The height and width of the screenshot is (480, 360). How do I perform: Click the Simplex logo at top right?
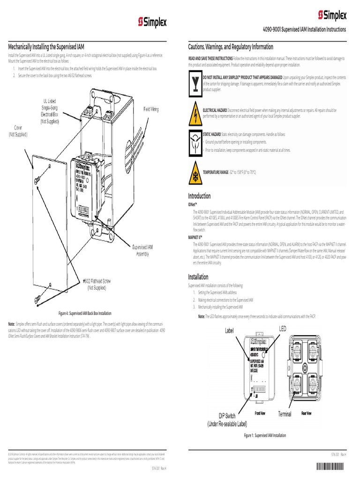(x=332, y=15)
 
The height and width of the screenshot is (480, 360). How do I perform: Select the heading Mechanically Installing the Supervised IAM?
(x=46, y=47)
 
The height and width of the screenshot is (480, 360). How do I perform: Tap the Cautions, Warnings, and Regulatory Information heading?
(x=231, y=47)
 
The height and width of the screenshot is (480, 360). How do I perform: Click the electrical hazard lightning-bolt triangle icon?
(x=195, y=112)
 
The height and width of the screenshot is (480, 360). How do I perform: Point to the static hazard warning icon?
(x=195, y=142)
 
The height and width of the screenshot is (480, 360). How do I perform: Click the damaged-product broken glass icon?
(x=195, y=83)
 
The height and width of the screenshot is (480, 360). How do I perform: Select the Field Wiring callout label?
(x=151, y=109)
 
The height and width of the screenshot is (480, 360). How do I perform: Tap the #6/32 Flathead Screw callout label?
(x=99, y=284)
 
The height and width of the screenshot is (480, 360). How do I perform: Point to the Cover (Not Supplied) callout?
(x=18, y=131)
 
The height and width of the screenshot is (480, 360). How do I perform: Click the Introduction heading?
(x=199, y=195)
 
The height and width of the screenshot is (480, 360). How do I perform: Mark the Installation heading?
(x=198, y=277)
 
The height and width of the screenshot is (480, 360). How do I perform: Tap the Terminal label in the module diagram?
(x=285, y=414)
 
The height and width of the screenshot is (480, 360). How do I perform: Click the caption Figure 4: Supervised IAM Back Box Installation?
(x=85, y=313)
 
